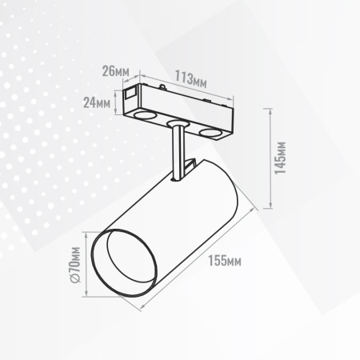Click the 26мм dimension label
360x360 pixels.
tap(116, 72)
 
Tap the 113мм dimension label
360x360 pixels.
tap(190, 80)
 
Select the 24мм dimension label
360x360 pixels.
tap(97, 102)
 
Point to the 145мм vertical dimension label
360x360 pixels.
tap(281, 158)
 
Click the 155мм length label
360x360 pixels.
tap(225, 261)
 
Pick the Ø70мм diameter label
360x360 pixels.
tap(74, 265)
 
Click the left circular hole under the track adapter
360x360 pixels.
tap(144, 116)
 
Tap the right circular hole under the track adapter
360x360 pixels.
tap(212, 133)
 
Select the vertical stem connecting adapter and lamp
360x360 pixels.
tap(178, 152)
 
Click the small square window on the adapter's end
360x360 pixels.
tap(130, 93)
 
